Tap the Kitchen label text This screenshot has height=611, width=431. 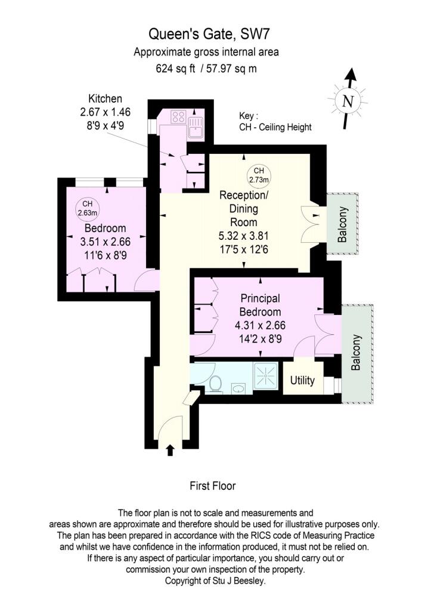(x=106, y=98)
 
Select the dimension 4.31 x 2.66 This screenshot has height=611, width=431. (x=260, y=327)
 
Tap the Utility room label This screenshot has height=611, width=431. (x=302, y=381)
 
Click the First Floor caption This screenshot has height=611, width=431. (x=213, y=486)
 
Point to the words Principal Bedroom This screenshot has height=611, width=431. (x=260, y=305)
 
